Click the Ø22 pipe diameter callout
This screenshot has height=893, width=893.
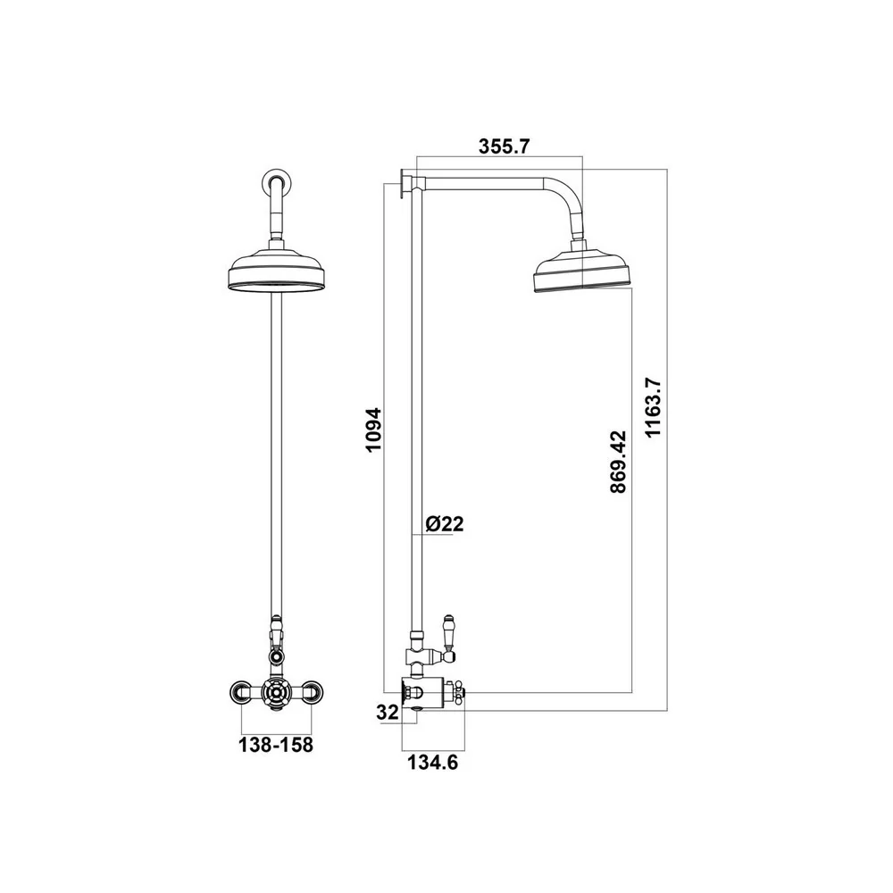click(444, 524)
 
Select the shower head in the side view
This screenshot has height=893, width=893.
click(582, 272)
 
